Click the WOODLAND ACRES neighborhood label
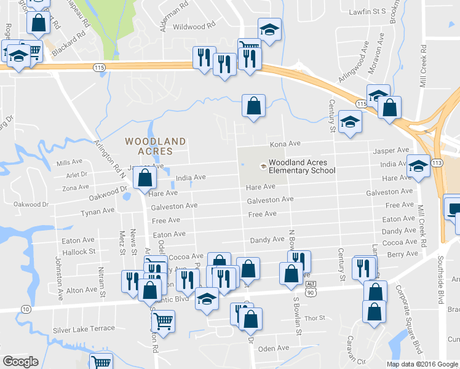[x=155, y=146]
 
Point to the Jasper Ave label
[x=394, y=150]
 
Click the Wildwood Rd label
[x=194, y=27]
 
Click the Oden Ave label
[x=274, y=348]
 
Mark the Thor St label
[x=314, y=318]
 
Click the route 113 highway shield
[x=437, y=162]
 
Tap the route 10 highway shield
[x=25, y=307]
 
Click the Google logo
[x=21, y=362]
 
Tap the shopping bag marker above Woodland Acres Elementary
[x=253, y=106]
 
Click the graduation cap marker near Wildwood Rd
[x=269, y=31]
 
